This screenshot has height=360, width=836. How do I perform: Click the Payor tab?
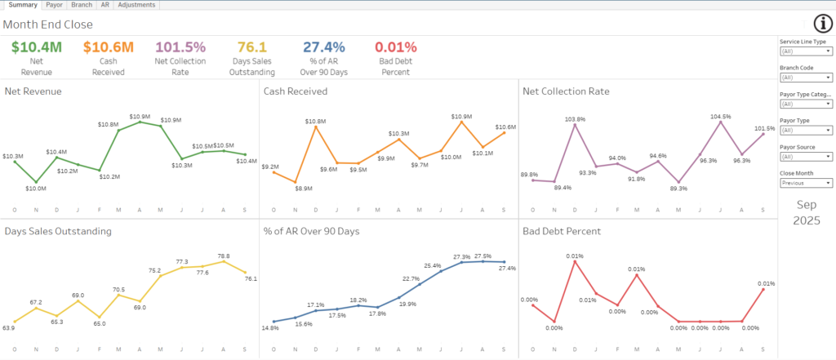pos(54,5)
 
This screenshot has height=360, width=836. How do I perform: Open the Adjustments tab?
pos(136,5)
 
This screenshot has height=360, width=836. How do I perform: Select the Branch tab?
pos(82,5)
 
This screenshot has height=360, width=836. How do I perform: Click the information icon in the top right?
pos(822,24)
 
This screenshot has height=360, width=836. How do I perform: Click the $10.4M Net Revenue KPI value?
pos(37,47)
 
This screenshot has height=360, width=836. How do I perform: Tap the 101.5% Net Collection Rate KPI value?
pos(180,47)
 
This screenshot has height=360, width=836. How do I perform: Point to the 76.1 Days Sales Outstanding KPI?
pos(252,47)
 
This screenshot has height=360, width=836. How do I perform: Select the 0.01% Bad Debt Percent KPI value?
pos(396,47)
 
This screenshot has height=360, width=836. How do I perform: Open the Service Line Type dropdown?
pos(806,51)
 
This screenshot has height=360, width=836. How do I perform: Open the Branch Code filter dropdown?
pos(806,78)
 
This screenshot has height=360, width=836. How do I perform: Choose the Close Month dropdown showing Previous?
pos(806,183)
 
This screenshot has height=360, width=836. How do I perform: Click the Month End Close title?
pos(47,24)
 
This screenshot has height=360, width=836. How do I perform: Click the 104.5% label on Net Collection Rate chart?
pos(721,117)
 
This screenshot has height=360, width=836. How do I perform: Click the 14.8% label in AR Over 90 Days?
pos(271,329)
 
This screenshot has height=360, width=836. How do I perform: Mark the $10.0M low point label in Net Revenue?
pos(36,189)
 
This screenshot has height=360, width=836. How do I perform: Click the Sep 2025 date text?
pos(806,212)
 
